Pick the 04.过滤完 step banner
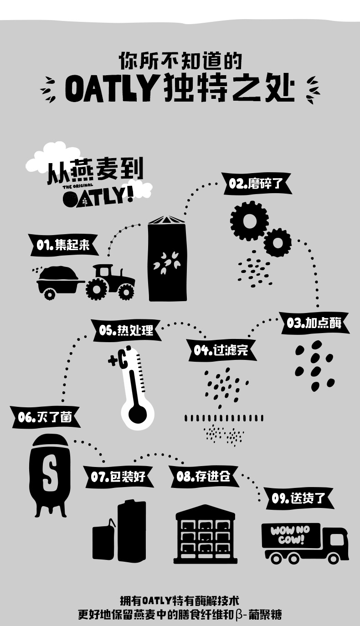(221, 350)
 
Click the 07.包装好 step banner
(118, 477)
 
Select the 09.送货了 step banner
(299, 498)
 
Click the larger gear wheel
(249, 221)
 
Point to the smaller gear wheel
(277, 242)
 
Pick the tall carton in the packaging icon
(132, 531)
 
